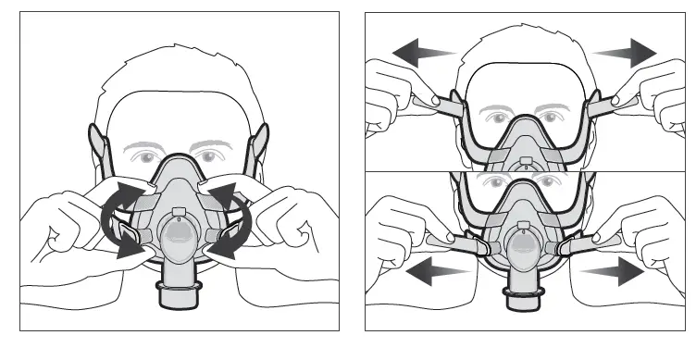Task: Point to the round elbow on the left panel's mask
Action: pos(177,239)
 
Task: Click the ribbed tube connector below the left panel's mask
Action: pos(177,295)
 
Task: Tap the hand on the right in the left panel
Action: pos(282,222)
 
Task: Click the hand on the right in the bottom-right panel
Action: pos(639,231)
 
